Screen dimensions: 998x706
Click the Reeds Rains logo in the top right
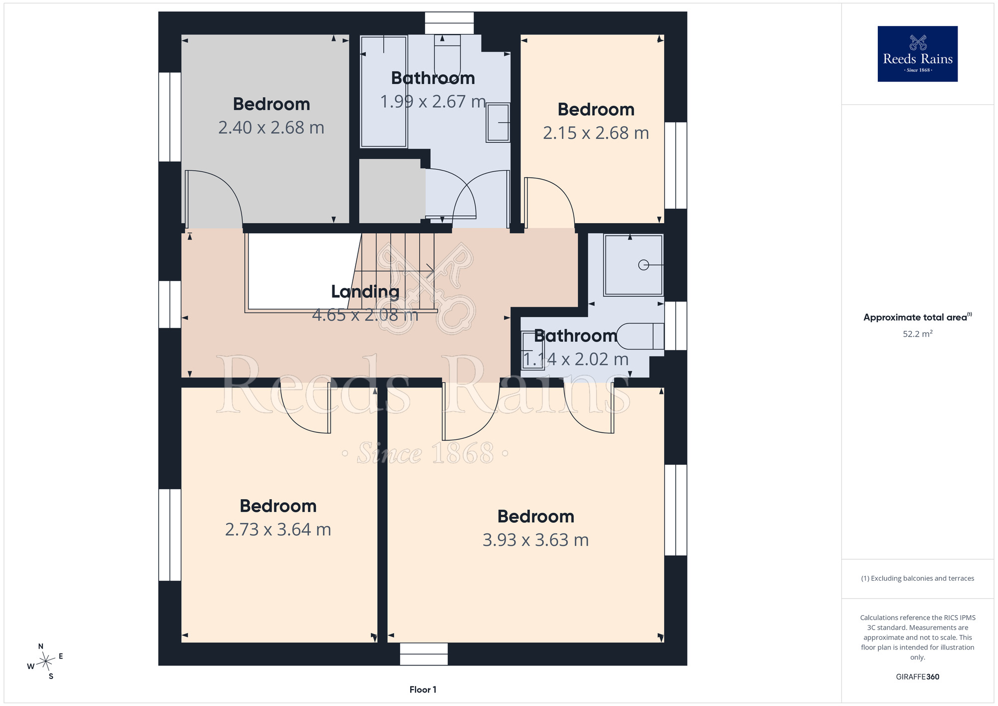(917, 54)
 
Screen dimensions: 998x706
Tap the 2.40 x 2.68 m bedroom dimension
(271, 128)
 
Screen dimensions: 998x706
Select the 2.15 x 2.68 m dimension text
(596, 133)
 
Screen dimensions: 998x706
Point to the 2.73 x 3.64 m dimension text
(278, 530)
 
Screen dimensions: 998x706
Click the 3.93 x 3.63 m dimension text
(535, 540)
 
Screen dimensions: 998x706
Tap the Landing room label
(365, 292)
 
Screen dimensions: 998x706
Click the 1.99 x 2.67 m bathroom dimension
(433, 102)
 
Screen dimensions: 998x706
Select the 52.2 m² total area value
(917, 334)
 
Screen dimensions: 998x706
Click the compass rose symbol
(46, 662)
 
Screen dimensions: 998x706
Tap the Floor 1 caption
(423, 690)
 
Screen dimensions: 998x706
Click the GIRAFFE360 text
(917, 677)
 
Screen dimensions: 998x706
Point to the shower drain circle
(644, 265)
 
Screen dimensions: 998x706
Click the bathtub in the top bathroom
(384, 92)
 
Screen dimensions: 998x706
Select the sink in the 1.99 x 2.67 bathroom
(498, 122)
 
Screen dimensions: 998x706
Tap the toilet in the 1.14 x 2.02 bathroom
(640, 336)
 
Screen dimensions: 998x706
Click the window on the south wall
(424, 654)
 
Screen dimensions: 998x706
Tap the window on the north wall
(449, 23)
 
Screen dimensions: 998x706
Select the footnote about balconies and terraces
(917, 578)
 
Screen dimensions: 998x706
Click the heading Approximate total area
(917, 317)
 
